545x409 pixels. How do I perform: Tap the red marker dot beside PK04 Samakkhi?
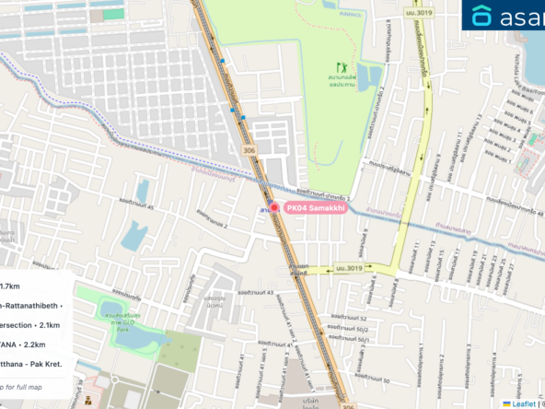273,209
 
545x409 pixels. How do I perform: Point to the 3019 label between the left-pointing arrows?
349,268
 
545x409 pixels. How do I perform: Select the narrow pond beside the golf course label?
373,76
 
